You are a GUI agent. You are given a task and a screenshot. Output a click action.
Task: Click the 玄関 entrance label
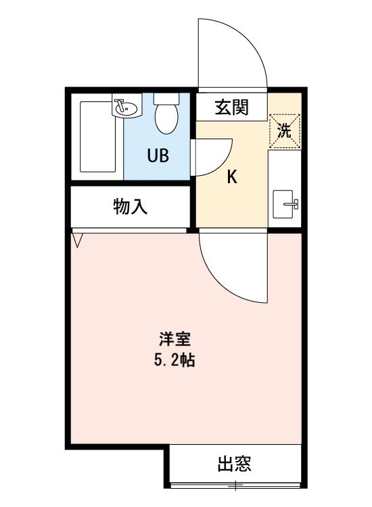pyautogui.click(x=231, y=107)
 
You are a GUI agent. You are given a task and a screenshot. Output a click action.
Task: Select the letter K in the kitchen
pyautogui.click(x=231, y=177)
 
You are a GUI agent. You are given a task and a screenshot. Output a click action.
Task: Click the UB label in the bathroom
pyautogui.click(x=158, y=155)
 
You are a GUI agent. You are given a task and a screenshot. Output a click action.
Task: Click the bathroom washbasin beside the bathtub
pyautogui.click(x=124, y=107)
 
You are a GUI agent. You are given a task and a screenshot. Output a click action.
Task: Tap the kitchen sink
pyautogui.click(x=284, y=205)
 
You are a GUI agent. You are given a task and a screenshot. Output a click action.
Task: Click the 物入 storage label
pyautogui.click(x=130, y=208)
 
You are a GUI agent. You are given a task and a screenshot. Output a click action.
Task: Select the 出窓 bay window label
pyautogui.click(x=234, y=464)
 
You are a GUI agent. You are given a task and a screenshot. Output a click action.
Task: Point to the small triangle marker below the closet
pyautogui.click(x=76, y=239)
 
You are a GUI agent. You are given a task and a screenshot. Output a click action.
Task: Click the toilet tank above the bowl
pyautogui.click(x=165, y=98)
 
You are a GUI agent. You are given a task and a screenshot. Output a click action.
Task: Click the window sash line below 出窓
pyautogui.click(x=234, y=484)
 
